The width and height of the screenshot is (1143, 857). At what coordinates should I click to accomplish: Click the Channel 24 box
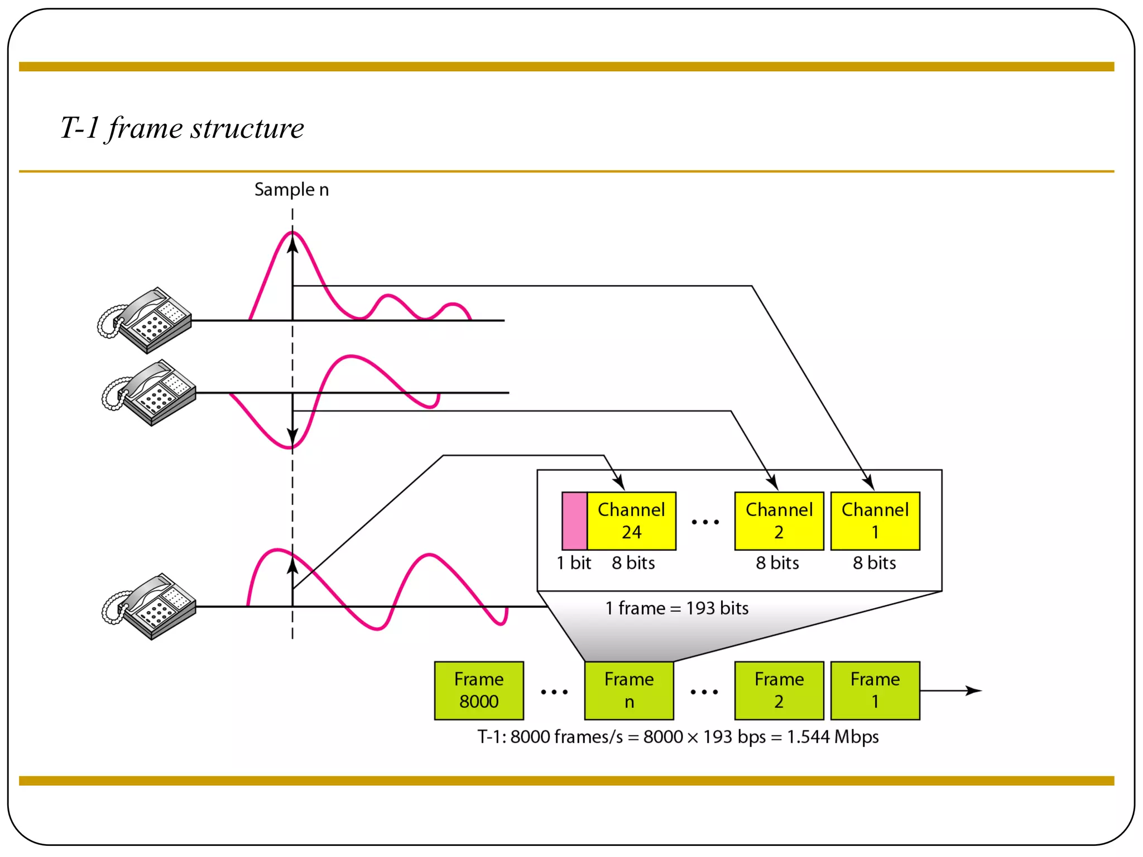(631, 521)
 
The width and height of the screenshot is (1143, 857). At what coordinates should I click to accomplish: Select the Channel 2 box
(779, 521)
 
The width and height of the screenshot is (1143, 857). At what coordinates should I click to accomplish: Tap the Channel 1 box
(875, 521)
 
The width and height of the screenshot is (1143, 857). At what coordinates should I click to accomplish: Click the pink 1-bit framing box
(574, 521)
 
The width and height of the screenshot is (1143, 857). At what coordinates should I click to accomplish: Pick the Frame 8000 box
(479, 690)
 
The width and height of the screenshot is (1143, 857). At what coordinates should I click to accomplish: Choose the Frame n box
(629, 690)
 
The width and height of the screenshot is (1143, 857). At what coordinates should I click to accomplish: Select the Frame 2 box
(779, 690)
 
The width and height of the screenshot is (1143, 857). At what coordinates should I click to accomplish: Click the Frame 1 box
(875, 690)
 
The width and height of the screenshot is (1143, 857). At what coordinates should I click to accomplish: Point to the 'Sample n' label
(291, 190)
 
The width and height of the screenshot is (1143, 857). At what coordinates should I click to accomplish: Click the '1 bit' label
(574, 562)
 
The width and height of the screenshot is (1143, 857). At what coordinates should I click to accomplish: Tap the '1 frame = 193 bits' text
(677, 608)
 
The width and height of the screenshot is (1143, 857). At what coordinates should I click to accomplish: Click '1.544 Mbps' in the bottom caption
(833, 736)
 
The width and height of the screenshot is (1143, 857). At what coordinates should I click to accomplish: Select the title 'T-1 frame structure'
(182, 128)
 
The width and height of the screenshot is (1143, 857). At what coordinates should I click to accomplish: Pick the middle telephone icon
(150, 392)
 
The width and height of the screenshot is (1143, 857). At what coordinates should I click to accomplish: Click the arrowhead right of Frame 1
(974, 691)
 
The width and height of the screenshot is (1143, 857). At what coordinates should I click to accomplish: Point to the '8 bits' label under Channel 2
(777, 562)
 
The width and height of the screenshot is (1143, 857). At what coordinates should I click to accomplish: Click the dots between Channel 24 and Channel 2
(705, 522)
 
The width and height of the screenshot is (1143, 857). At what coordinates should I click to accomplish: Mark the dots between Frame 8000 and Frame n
(554, 692)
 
